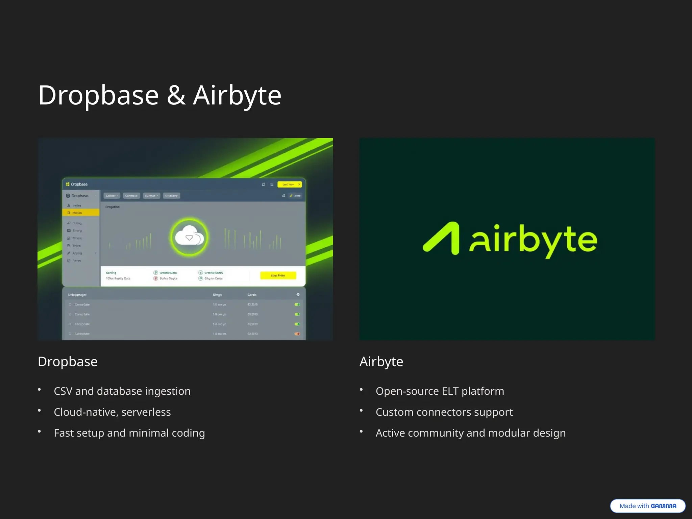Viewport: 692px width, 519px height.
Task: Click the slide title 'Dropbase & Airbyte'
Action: (159, 96)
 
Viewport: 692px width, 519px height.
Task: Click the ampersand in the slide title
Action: (176, 96)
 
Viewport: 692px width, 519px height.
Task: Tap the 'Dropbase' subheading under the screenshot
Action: (68, 362)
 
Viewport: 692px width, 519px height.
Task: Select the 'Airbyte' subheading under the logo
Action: (381, 362)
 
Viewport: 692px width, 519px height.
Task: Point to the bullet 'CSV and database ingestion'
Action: (122, 391)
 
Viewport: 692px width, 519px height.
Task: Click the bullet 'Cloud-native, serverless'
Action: (112, 412)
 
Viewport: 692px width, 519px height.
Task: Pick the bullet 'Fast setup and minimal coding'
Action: (129, 433)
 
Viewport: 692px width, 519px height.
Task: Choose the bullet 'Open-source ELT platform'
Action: (440, 391)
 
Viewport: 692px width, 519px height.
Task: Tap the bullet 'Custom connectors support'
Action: (444, 412)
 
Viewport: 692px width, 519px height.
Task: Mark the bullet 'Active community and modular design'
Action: (470, 433)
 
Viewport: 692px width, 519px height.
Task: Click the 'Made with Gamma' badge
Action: (647, 506)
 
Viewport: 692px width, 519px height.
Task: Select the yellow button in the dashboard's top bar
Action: (289, 184)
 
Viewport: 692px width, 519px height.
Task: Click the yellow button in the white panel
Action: (278, 275)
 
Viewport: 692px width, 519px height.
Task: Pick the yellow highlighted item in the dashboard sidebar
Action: (81, 213)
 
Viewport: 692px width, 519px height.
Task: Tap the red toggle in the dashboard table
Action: (297, 334)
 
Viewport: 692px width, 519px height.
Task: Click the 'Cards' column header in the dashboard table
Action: (252, 295)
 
